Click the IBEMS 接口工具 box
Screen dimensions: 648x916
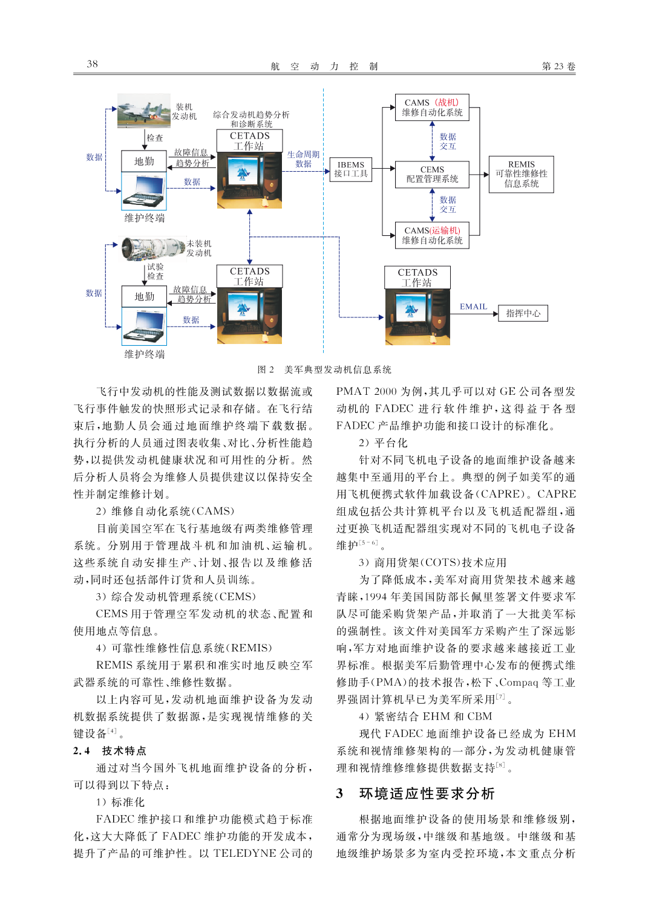pyautogui.click(x=350, y=169)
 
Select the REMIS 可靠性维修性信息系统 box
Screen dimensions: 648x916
pyautogui.click(x=521, y=174)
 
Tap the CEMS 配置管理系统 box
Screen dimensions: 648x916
pyautogui.click(x=432, y=175)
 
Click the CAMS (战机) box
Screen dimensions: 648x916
pyautogui.click(x=432, y=108)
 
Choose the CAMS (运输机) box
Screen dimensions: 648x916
pyautogui.click(x=432, y=236)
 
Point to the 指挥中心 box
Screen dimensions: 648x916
pyautogui.click(x=523, y=313)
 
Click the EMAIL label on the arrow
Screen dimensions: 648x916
pyautogui.click(x=473, y=307)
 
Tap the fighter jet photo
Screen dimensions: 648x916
pyautogui.click(x=144, y=111)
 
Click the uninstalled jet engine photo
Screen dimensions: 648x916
pyautogui.click(x=152, y=248)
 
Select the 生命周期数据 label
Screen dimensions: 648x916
pyautogui.click(x=303, y=159)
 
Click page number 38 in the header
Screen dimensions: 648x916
pyautogui.click(x=92, y=64)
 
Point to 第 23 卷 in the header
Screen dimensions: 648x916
pyautogui.click(x=558, y=67)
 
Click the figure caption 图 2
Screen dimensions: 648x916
pyautogui.click(x=266, y=369)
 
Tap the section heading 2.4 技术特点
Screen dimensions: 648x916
pyautogui.click(x=110, y=750)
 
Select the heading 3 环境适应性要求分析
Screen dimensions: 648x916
pyautogui.click(x=415, y=793)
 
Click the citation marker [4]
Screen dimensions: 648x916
pyautogui.click(x=112, y=730)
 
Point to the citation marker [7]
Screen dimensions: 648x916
pyautogui.click(x=501, y=696)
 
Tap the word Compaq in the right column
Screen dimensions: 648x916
pyautogui.click(x=519, y=682)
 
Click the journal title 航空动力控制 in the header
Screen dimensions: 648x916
pyautogui.click(x=324, y=67)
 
